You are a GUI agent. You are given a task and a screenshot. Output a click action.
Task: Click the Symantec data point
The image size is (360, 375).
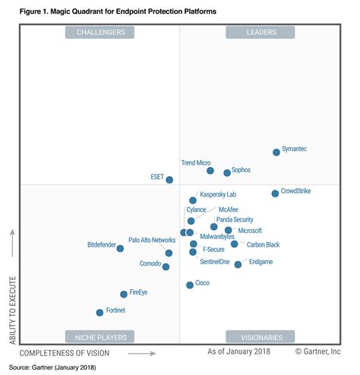pos(276,152)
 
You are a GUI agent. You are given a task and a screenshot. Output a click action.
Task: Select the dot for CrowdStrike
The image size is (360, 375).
pos(275,194)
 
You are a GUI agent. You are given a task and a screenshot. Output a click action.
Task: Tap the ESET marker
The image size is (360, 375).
pos(169,180)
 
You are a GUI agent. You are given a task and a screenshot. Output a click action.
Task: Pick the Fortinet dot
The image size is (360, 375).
pos(99,313)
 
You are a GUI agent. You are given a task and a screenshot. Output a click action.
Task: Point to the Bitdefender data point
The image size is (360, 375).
pos(120,248)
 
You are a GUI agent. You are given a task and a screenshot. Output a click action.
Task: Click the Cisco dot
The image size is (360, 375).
pos(190,285)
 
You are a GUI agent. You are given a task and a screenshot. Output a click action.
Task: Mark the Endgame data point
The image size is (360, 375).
pos(238,264)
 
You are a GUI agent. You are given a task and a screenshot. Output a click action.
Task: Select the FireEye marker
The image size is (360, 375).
pos(124,295)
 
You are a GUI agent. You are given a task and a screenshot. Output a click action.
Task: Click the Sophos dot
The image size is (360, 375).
pos(227,173)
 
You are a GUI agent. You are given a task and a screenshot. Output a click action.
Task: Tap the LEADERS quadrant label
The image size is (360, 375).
pos(261,33)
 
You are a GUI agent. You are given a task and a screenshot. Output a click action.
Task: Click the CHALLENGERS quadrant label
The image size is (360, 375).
pos(101,33)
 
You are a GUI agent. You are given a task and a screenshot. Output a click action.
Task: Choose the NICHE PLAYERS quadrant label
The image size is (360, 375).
pos(101,338)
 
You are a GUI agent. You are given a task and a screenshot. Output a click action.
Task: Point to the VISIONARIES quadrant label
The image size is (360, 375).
pos(261,338)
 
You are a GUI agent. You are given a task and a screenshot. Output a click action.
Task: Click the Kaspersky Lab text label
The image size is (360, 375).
pos(218,194)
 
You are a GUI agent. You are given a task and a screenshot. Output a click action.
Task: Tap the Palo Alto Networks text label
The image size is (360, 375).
pos(152,240)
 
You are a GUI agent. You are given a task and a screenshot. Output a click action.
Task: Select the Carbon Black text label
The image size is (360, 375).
pos(263,244)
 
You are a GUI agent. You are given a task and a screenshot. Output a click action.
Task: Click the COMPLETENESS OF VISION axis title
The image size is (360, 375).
pos(65,353)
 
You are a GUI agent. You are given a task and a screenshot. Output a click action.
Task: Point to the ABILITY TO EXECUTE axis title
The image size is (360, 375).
pos(13,310)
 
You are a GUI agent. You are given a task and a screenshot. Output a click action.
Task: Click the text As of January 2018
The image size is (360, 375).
pos(238,351)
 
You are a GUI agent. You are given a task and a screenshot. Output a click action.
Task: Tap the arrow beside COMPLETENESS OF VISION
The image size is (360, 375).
pos(141,354)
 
